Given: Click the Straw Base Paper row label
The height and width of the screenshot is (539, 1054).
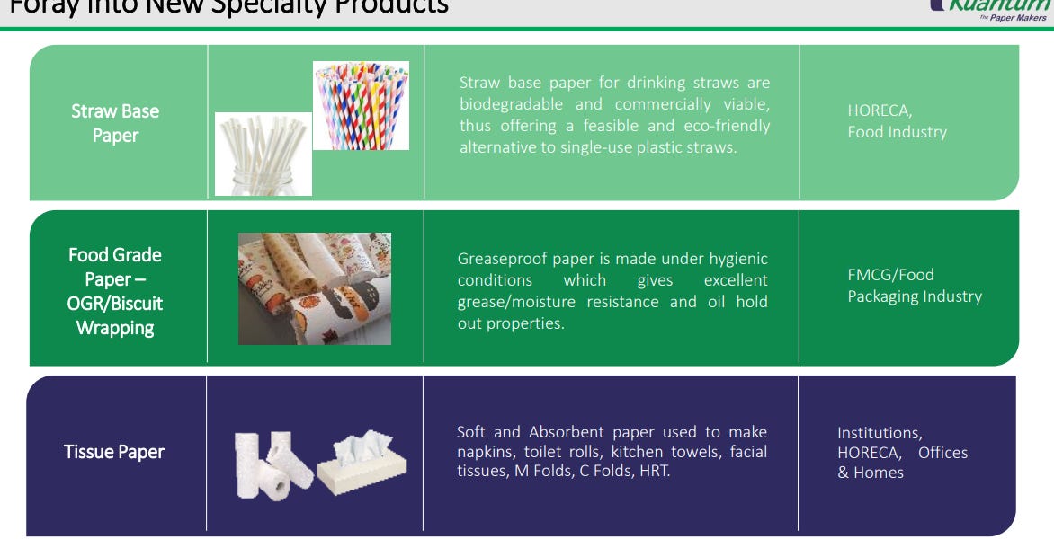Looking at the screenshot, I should pos(115,123).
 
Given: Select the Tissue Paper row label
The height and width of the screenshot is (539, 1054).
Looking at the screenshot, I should pos(114,452).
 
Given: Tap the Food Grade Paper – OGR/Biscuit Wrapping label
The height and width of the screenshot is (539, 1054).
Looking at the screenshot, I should pos(115,291).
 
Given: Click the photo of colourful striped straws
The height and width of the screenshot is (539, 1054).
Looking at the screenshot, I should pos(361,105).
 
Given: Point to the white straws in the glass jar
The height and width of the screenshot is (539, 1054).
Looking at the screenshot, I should pos(263,154).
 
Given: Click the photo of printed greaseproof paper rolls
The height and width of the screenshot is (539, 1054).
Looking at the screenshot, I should pos(314,288).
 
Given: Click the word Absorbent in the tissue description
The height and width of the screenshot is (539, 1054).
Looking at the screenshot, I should pos(568,432).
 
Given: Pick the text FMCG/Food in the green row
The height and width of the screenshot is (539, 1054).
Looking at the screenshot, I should pos(890,275).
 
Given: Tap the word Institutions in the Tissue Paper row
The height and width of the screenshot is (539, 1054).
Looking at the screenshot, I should pos(879,433).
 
